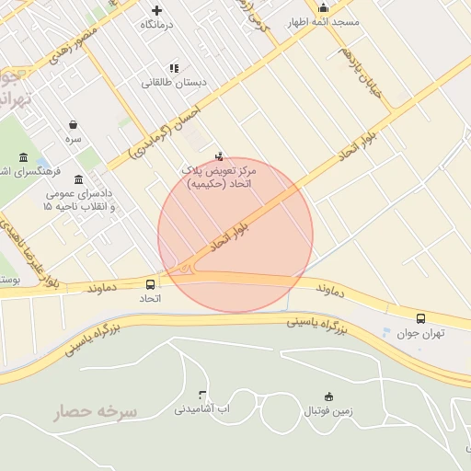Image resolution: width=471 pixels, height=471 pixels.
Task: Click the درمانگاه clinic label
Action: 156,25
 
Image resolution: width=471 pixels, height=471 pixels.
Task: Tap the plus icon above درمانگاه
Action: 156,10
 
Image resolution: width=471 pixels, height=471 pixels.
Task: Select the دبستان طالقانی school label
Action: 174,82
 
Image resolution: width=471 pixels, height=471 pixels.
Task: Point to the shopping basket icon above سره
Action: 73,124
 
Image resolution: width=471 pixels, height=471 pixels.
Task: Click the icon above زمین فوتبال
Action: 329,396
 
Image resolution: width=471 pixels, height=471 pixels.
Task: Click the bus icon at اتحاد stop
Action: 150,284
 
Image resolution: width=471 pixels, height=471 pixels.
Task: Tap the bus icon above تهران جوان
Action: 420,318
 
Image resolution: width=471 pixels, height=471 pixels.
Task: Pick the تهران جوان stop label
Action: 421,334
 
